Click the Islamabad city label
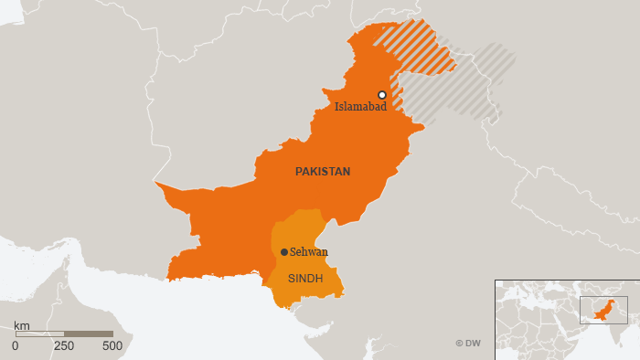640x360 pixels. [x=360, y=107]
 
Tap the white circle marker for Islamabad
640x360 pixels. [x=382, y=95]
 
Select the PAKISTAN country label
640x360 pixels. [x=322, y=171]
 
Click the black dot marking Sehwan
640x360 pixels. [x=284, y=252]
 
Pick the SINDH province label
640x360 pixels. [x=305, y=278]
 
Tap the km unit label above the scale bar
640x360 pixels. [x=22, y=324]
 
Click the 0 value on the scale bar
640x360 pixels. [x=16, y=346]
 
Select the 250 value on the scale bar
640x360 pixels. [x=64, y=346]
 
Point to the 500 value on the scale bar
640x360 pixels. [x=112, y=346]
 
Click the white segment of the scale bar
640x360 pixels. [x=39, y=334]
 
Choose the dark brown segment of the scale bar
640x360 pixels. [x=89, y=334]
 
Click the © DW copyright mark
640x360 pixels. [x=467, y=343]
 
